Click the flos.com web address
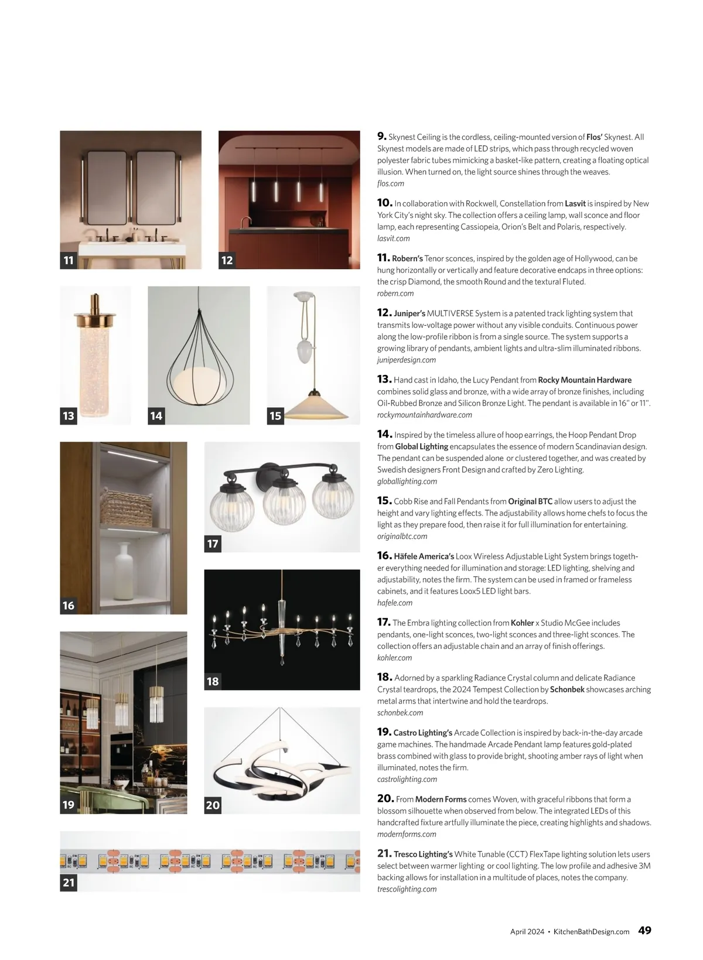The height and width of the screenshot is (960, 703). [x=391, y=183]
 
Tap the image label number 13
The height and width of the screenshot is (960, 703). [x=69, y=416]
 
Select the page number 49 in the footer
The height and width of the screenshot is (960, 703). [x=644, y=930]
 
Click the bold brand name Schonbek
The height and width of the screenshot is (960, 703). [x=567, y=689]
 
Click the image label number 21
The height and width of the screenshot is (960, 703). [x=69, y=882]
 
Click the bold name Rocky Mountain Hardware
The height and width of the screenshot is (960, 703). [x=585, y=380]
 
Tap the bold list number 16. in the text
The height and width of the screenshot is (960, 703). [x=384, y=555]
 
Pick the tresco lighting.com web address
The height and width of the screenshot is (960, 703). [x=407, y=889]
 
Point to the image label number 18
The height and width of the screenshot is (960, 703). [x=213, y=681]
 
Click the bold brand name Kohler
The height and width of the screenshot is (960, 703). [x=522, y=623]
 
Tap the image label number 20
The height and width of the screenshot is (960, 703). [x=213, y=805]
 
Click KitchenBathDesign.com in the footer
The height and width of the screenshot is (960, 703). [x=592, y=931]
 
